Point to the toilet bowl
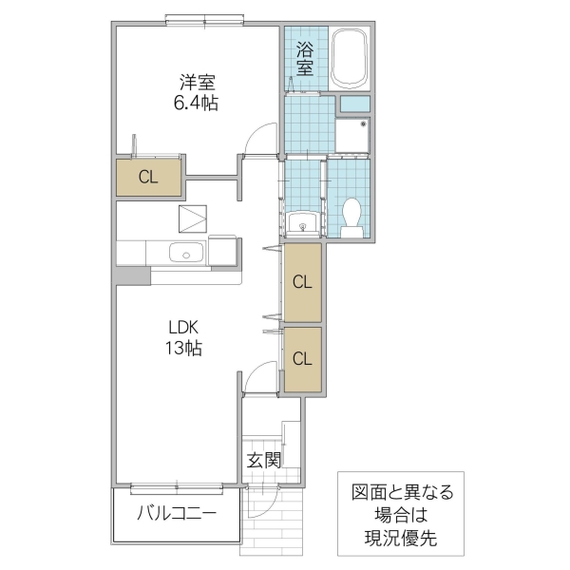tap(351, 217)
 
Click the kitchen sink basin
tap(183, 253)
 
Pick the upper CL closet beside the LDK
tap(302, 282)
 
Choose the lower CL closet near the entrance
tap(302, 358)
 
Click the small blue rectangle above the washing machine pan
tap(353, 103)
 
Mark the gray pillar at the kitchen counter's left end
tap(133, 275)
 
